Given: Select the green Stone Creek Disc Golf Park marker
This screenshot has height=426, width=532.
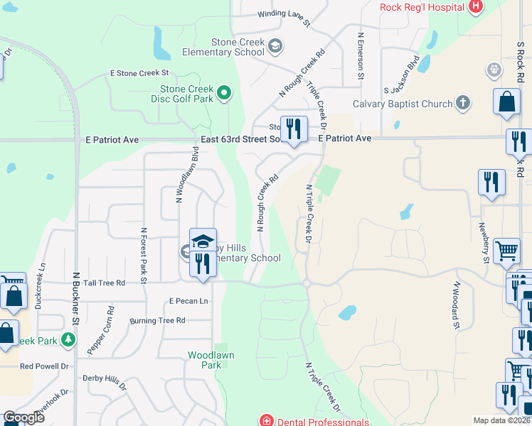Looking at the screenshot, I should click(x=225, y=92).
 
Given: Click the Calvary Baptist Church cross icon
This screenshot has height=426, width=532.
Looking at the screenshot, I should click(x=462, y=104).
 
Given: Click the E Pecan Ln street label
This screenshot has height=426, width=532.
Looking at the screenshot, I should click(x=188, y=301).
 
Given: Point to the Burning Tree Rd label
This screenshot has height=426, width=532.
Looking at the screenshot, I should click(x=157, y=321).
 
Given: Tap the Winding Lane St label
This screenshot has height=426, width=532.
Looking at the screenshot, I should click(x=284, y=17).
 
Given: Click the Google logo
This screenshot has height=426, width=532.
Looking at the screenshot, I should click(x=23, y=417).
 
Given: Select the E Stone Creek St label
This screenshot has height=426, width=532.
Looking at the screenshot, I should click(x=139, y=73).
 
